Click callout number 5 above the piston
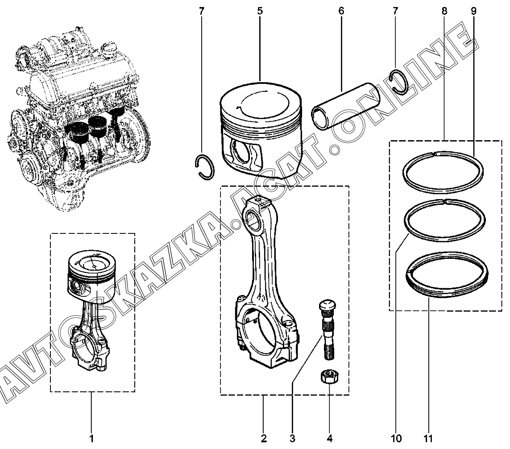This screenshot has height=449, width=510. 260,11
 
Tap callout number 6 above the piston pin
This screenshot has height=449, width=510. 341,11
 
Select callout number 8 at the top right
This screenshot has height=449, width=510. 444,11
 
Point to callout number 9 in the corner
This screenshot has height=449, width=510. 473,11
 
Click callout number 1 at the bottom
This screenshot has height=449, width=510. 91,438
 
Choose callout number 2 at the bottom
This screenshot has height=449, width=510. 263,438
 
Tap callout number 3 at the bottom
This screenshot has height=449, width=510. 292,438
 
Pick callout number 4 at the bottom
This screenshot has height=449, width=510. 329,438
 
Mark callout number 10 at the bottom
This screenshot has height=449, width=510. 396,438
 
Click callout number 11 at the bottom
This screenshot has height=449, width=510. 428,438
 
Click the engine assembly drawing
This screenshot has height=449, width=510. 78,117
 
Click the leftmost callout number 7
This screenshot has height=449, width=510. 202,11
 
